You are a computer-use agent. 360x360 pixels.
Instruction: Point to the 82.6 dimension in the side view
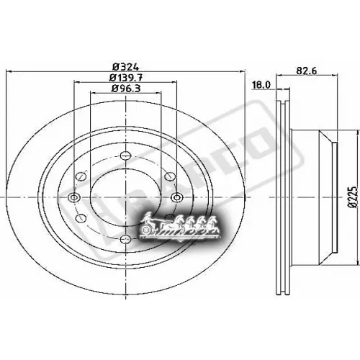tap(307, 70)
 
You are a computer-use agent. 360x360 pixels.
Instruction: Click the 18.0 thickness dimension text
tap(261, 84)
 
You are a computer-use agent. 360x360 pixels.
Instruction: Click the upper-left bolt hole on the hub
tap(81, 173)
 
